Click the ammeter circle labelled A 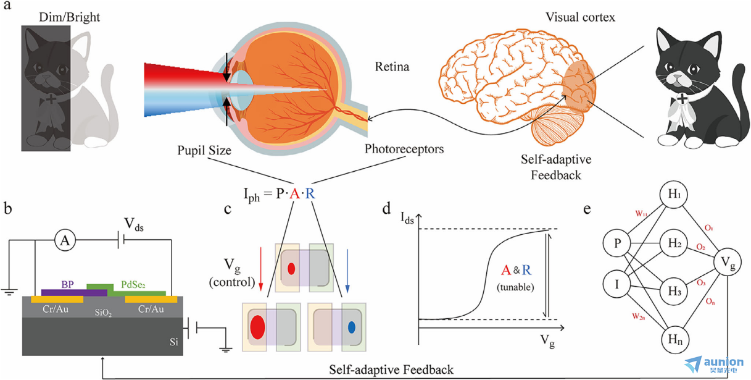65,240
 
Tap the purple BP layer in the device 74,292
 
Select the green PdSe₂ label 133,285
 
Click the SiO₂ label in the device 103,313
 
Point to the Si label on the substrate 173,342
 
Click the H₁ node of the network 674,194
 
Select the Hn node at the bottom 674,340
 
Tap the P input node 617,243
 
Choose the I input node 617,284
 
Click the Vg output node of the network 727,262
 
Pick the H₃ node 674,291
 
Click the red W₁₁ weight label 641,214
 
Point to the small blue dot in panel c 351,327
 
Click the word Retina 392,67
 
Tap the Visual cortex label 580,17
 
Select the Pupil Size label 204,150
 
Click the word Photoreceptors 404,149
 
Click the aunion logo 713,365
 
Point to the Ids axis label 407,218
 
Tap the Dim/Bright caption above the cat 69,17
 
